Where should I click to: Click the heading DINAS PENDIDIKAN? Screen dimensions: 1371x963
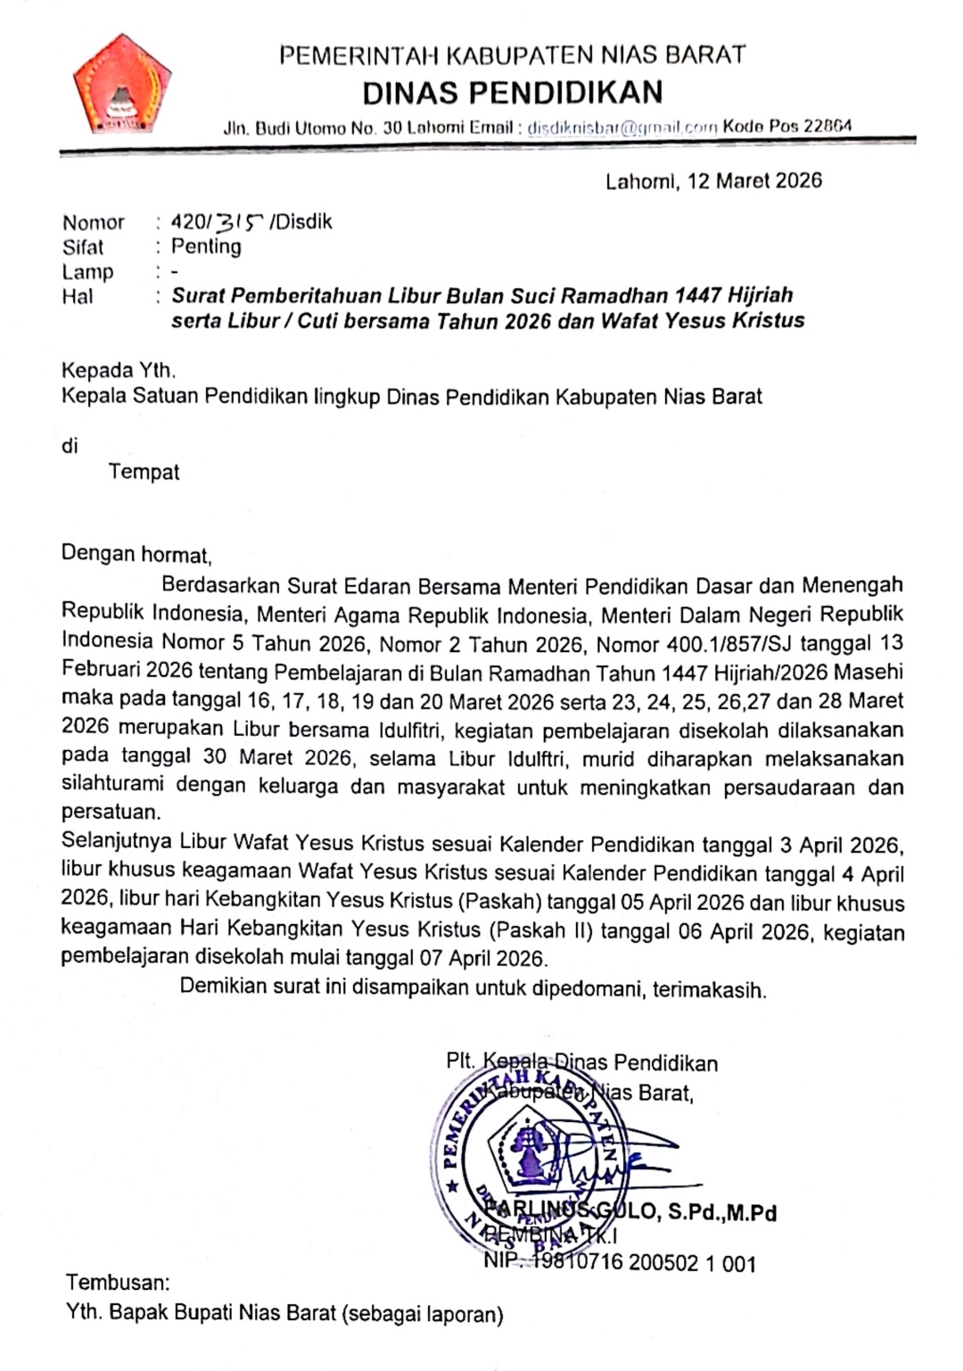513,92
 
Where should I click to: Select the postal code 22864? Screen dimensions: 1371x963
827,126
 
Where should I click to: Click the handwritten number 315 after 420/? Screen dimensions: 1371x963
241,222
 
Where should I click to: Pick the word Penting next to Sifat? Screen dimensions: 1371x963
206,246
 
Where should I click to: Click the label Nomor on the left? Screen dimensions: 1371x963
94,223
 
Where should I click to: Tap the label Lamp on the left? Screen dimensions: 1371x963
87,271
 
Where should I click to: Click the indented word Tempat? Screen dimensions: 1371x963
144,472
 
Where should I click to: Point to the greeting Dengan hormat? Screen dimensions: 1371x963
136,555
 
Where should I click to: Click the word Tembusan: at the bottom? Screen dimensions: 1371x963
118,1283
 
